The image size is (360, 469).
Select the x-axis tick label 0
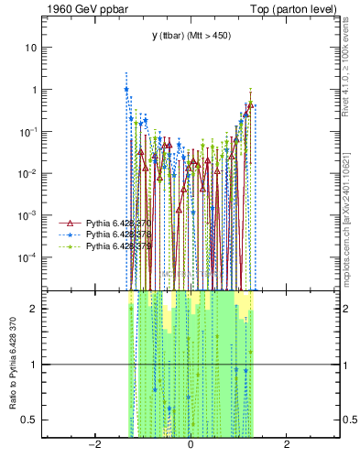click(191, 444)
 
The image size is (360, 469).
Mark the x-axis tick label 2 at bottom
click(287, 444)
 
